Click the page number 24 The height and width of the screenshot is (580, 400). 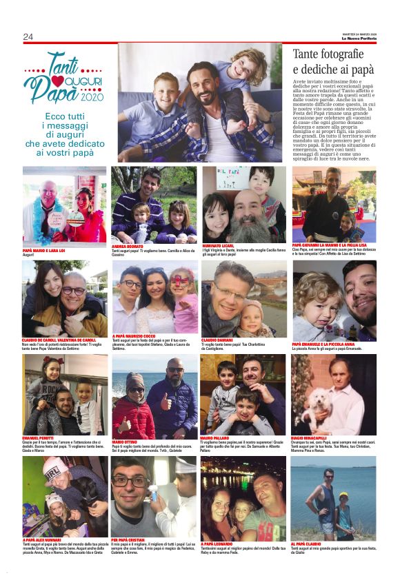coord(28,37)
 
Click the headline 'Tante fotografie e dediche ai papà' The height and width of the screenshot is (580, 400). coord(333,61)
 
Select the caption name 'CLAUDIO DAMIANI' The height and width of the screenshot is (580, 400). coord(218,340)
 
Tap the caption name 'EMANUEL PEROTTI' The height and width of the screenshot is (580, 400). coord(40,439)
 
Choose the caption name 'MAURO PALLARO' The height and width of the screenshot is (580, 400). coord(216,439)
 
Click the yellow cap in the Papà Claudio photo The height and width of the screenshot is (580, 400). coord(343,494)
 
